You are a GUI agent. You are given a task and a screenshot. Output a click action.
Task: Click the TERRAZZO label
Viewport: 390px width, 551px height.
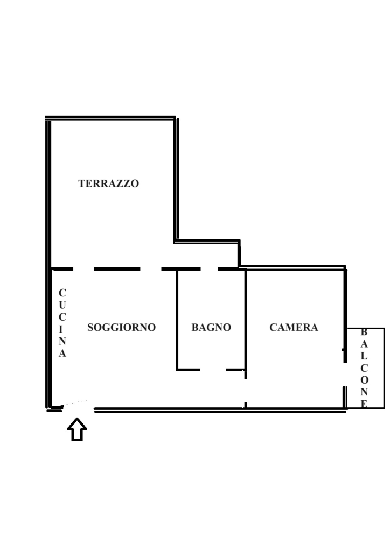click(109, 183)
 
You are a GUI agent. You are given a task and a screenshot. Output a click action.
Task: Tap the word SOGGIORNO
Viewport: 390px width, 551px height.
click(121, 328)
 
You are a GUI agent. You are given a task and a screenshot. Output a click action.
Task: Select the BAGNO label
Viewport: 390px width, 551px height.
click(211, 328)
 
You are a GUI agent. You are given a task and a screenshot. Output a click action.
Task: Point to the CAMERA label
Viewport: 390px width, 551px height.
click(294, 328)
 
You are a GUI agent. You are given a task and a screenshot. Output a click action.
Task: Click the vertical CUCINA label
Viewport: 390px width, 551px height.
click(62, 323)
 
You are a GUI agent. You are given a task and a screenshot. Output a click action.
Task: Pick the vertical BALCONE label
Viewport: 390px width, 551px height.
click(364, 368)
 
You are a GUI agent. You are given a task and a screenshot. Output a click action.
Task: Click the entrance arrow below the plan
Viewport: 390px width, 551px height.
click(77, 429)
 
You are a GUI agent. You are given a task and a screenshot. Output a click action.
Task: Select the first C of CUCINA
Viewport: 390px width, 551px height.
click(62, 293)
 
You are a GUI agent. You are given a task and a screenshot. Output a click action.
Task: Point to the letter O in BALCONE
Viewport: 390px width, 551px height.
click(364, 380)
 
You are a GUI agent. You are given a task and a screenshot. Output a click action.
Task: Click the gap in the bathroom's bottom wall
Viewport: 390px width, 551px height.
click(213, 370)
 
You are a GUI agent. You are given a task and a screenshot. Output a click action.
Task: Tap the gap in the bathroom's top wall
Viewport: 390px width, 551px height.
click(209, 269)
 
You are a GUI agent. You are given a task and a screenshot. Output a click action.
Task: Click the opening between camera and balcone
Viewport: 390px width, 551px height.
click(345, 375)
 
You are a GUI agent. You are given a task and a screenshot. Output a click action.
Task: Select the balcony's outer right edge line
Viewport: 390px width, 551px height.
click(385, 368)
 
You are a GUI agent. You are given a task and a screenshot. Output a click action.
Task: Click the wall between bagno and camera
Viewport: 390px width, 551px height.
click(246, 319)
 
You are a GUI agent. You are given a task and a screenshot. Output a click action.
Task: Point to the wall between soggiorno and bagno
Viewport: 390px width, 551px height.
click(177, 319)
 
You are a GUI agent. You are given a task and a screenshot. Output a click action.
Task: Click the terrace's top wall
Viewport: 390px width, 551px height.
click(110, 117)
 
